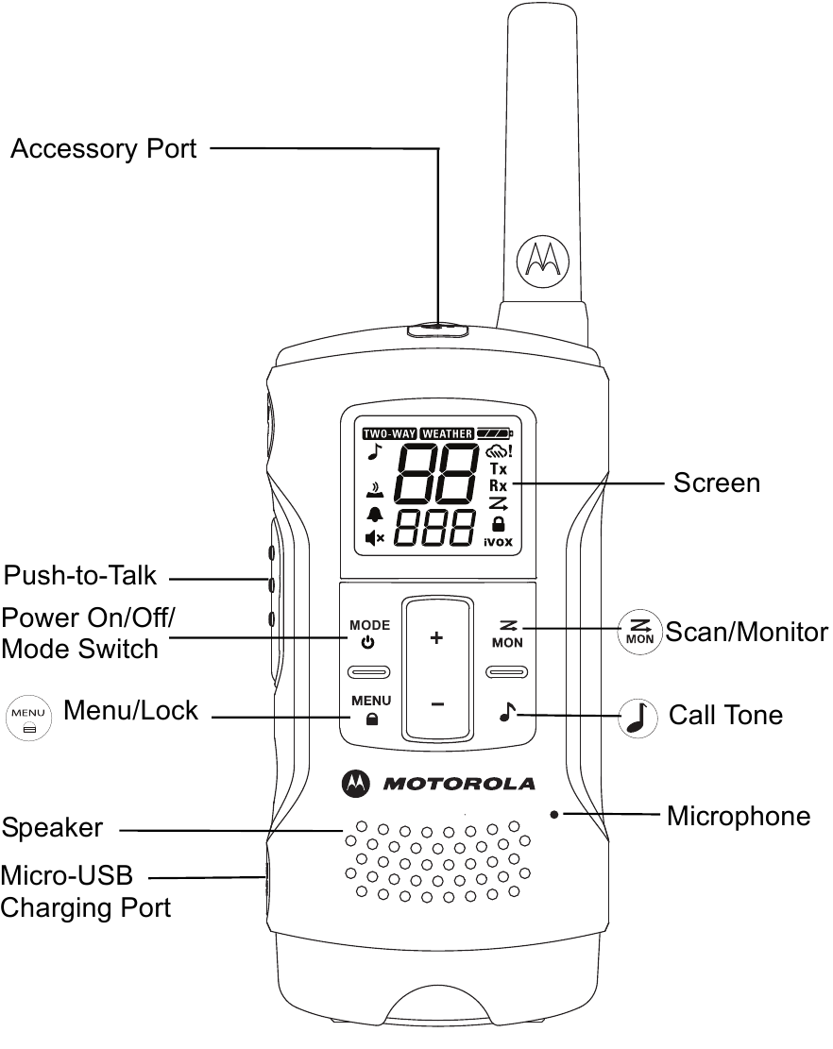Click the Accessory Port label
103,148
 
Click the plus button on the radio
436,639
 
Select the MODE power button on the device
369,634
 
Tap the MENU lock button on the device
371,710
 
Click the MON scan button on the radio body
503,634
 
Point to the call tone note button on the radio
505,713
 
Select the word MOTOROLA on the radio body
459,783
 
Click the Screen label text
716,482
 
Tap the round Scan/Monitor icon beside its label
639,631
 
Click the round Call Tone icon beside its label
638,717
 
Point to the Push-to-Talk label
79,575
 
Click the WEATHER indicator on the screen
447,434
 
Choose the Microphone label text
738,816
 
